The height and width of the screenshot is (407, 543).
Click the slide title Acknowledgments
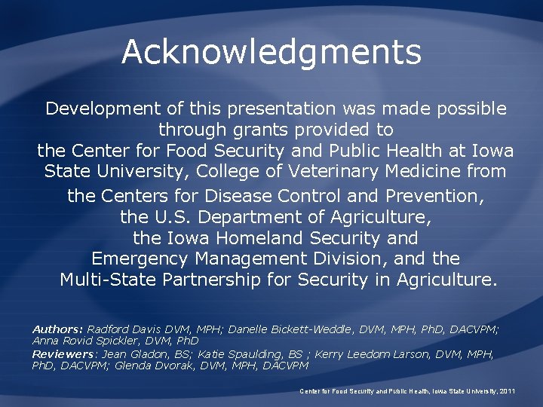tap(271, 52)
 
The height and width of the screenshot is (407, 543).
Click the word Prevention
tap(433, 197)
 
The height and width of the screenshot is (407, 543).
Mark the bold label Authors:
tap(57, 329)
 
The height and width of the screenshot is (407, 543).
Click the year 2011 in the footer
tap(508, 392)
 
